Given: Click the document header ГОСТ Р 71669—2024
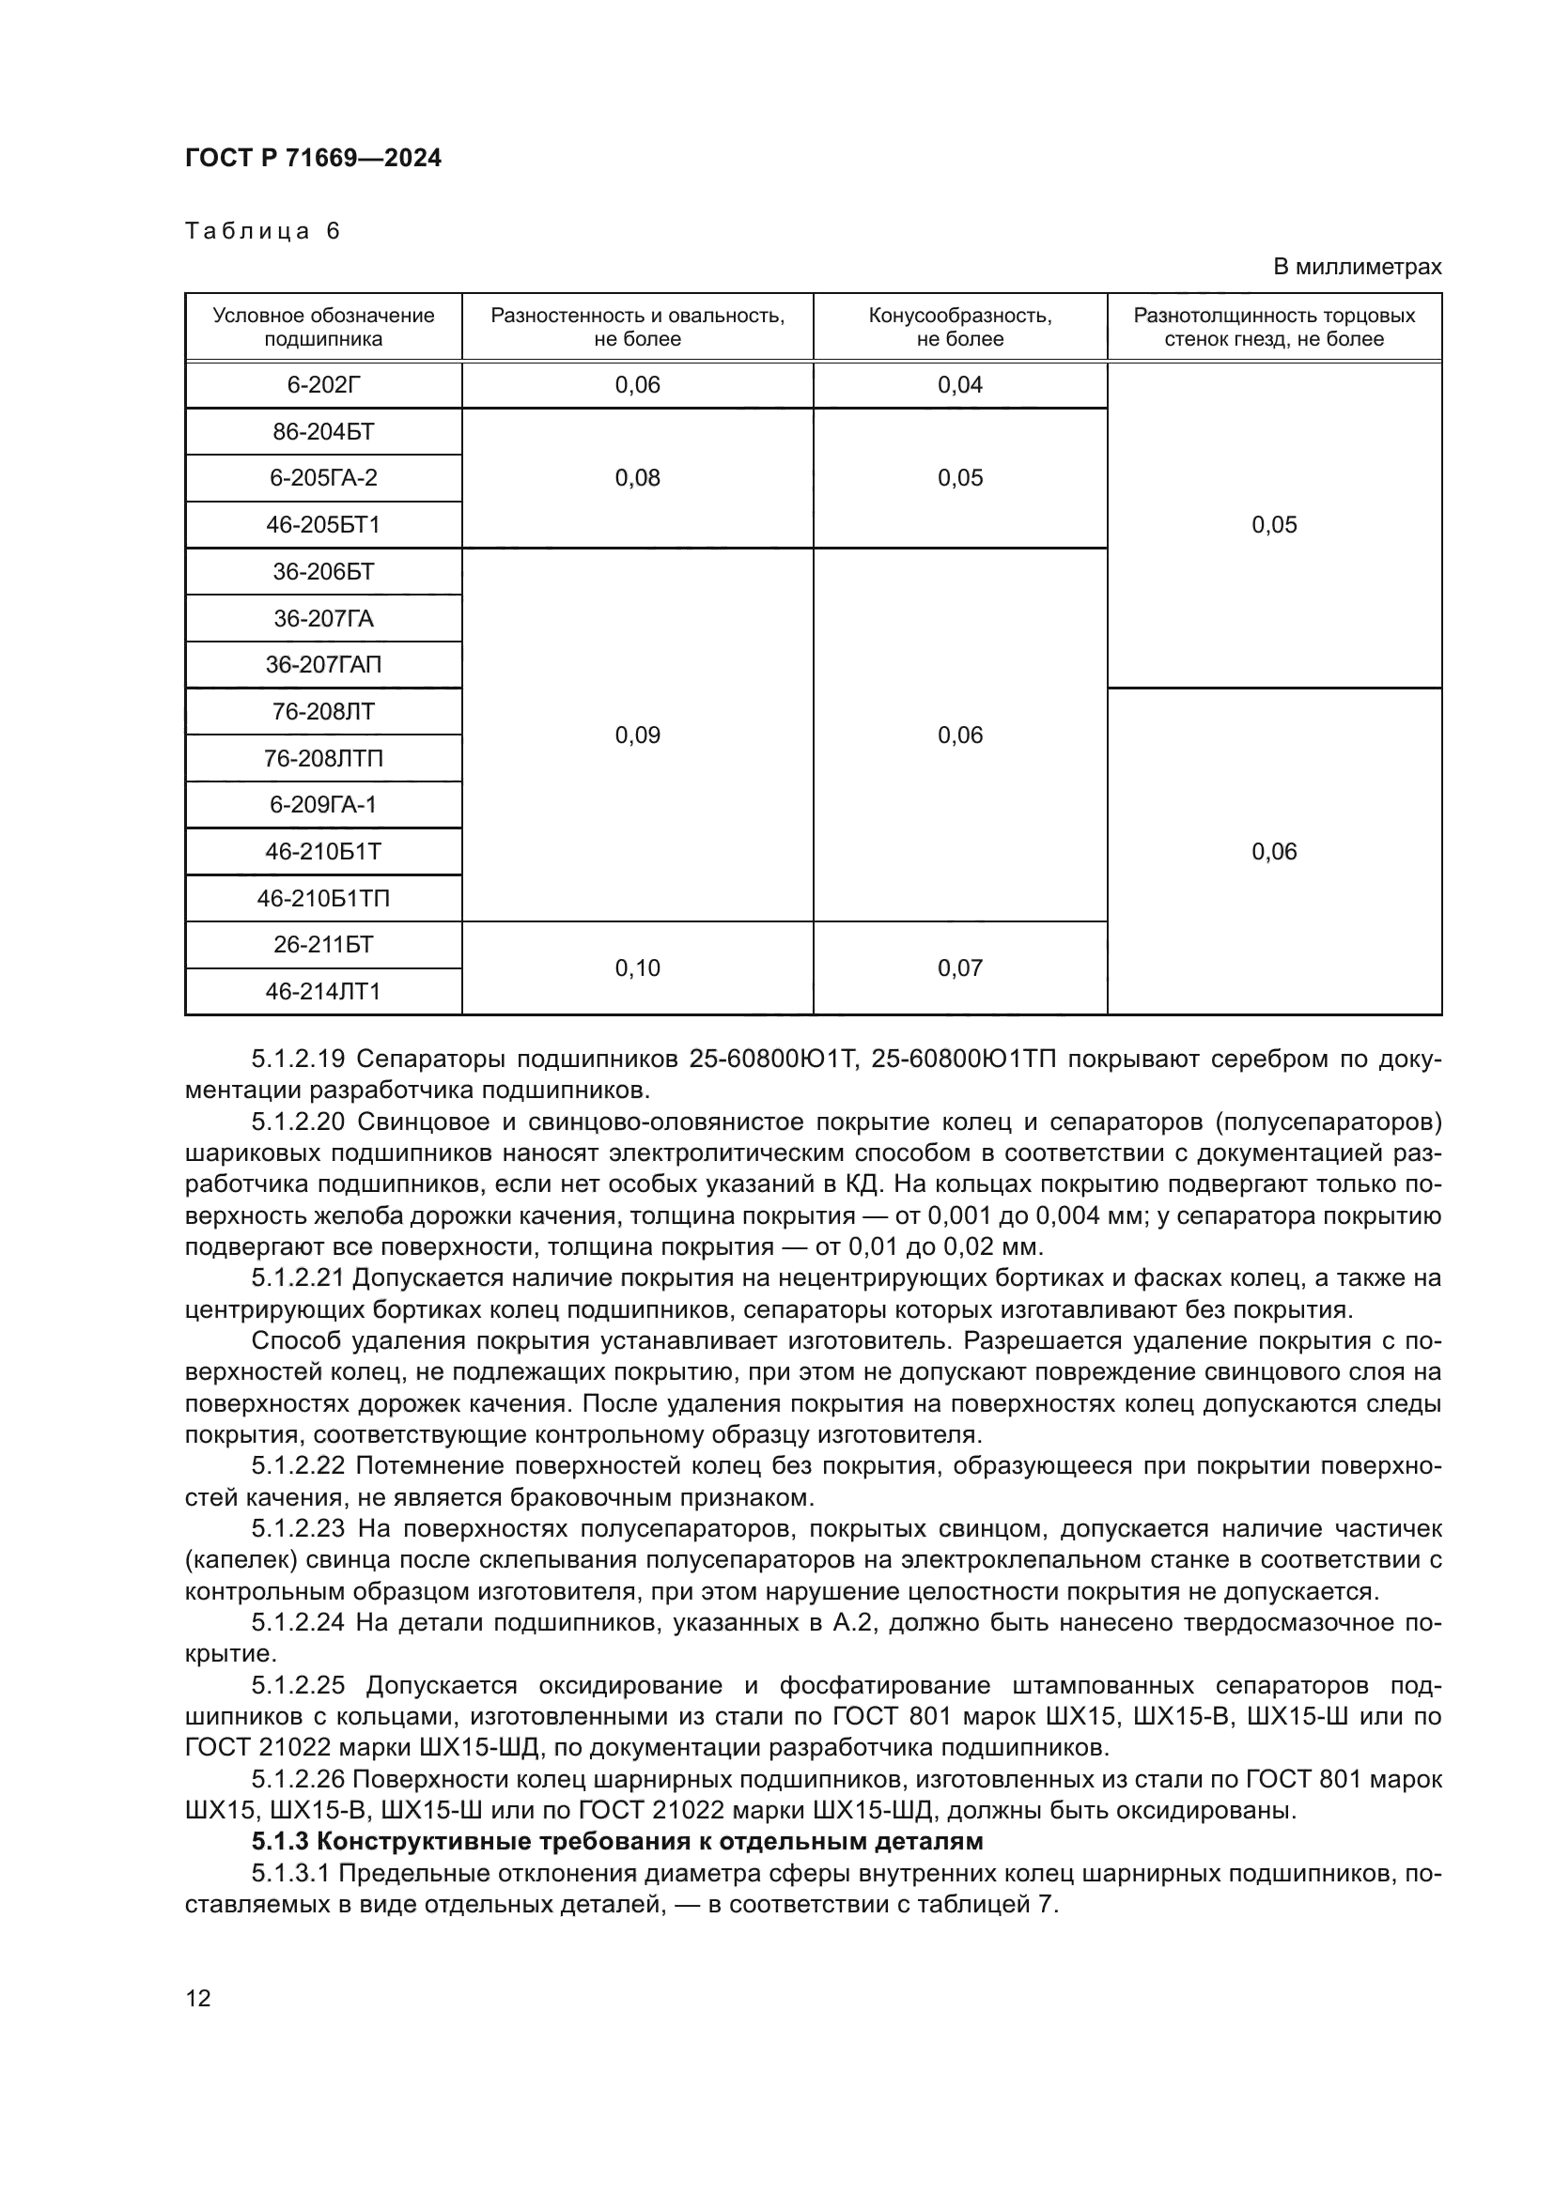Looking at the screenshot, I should pyautogui.click(x=313, y=159).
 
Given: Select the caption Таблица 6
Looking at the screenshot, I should pyautogui.click(x=262, y=231).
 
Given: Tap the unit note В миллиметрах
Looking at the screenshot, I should pyautogui.click(x=1356, y=267).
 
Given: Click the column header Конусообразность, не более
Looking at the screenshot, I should pyautogui.click(x=960, y=327).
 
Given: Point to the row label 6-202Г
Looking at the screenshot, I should pyautogui.click(x=323, y=385).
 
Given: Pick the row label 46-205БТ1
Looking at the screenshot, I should pyautogui.click(x=323, y=524).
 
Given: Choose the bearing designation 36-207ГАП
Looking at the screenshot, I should pyautogui.click(x=323, y=664).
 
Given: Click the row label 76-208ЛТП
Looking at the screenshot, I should pyautogui.click(x=323, y=758).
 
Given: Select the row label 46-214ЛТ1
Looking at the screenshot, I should pyautogui.click(x=323, y=991).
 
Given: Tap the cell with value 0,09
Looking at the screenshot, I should pyautogui.click(x=637, y=735).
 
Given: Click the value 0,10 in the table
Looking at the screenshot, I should pyautogui.click(x=637, y=968).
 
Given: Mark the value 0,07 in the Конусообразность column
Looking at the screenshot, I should pyautogui.click(x=960, y=968).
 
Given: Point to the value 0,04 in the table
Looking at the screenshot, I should pyautogui.click(x=960, y=385).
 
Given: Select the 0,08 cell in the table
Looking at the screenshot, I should pyautogui.click(x=637, y=477).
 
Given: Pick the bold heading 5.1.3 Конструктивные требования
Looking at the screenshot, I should pyautogui.click(x=617, y=1841).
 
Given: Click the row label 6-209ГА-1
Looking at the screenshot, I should pyautogui.click(x=323, y=805).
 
